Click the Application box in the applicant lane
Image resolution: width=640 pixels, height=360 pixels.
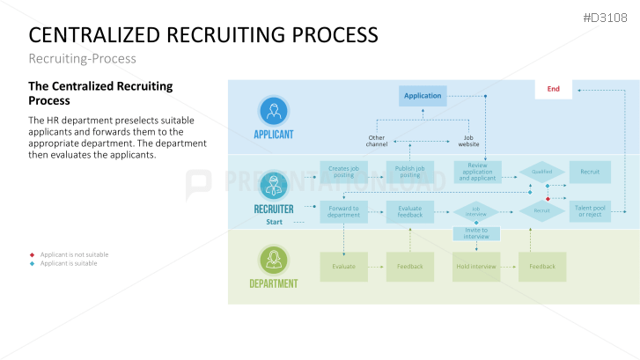coord(423,95)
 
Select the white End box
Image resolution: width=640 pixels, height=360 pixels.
coord(554,89)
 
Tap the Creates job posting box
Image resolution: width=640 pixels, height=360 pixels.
coord(343,172)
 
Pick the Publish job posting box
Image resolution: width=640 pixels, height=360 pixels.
coord(410,172)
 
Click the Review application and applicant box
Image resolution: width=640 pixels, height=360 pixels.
coord(477,172)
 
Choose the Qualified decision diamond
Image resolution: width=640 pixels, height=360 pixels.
coord(541,172)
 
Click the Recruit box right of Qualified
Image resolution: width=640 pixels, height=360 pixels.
coord(590,172)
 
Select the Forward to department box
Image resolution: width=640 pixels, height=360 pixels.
coord(343,211)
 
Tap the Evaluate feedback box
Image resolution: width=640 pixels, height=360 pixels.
coord(410,211)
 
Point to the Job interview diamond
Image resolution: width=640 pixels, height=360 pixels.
coord(476,211)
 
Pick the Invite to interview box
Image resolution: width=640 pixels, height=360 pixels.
coord(476,233)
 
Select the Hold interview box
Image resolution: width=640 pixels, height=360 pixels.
coord(476,266)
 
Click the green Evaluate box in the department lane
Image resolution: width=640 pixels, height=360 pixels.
coord(343,266)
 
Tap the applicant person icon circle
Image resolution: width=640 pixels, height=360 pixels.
coord(273,111)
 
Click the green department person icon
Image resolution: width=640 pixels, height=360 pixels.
coord(273,260)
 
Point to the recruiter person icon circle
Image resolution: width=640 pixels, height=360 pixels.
coord(273,186)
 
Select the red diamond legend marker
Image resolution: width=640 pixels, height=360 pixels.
coord(32,254)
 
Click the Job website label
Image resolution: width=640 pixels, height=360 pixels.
coord(469,141)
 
